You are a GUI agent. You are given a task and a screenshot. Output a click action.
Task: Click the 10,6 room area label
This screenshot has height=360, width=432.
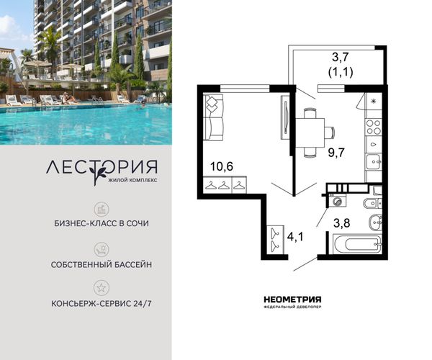coord(222,166)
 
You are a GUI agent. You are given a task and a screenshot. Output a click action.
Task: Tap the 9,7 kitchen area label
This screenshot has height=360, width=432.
coord(336,153)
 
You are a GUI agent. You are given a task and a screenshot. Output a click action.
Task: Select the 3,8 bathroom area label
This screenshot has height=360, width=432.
coord(341,222)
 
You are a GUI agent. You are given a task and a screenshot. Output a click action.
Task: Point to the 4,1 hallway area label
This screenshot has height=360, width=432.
coord(294,237)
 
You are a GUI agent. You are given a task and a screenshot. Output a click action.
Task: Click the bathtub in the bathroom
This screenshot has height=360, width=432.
coord(357,244)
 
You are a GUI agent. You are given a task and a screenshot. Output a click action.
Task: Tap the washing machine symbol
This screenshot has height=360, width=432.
coord(337,201)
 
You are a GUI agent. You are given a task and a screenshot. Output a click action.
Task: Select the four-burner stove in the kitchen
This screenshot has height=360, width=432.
coord(373,127)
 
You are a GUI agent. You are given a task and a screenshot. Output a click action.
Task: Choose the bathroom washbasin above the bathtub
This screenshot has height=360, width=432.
coord(375,222)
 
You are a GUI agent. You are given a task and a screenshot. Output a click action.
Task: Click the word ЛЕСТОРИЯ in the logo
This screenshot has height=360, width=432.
coord(102,168)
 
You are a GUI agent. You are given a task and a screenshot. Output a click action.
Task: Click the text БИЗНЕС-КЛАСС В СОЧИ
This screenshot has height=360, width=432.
coord(102,223)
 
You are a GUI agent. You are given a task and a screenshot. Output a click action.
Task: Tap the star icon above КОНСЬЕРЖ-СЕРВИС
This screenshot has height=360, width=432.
coord(102,288)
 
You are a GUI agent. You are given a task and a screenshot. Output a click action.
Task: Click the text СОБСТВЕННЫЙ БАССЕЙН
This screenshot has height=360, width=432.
coord(102,265)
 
